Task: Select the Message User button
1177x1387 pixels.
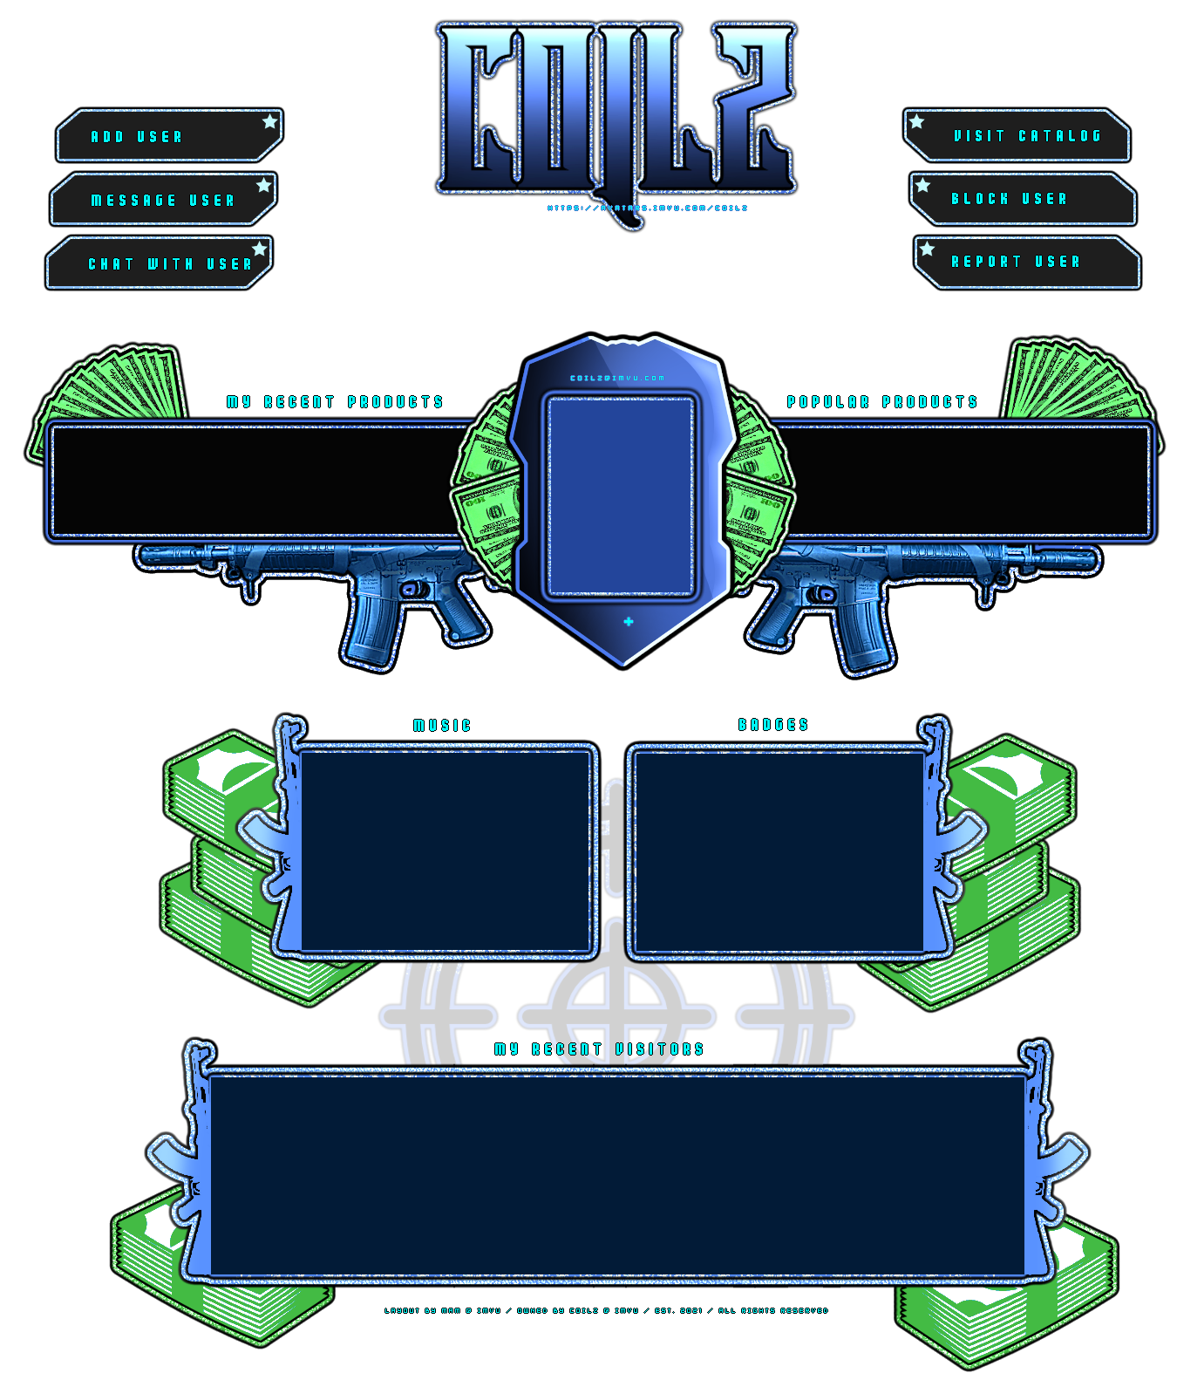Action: (x=163, y=200)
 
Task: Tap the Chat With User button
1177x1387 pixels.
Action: (x=159, y=263)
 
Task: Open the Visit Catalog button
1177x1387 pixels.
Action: (x=1017, y=136)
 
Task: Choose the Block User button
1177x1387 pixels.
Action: (x=1023, y=199)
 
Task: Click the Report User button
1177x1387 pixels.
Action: (x=1027, y=262)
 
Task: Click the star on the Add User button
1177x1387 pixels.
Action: (x=270, y=121)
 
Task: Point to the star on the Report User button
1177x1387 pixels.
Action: (x=928, y=249)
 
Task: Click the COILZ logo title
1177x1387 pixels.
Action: (x=616, y=109)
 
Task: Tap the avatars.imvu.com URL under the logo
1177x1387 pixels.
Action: (x=647, y=208)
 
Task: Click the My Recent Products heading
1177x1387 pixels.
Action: (x=335, y=402)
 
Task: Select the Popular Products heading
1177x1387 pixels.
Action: (x=882, y=402)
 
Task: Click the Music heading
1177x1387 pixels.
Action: (x=442, y=726)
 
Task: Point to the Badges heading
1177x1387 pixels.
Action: (x=773, y=725)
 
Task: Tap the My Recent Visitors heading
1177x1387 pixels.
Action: (x=599, y=1049)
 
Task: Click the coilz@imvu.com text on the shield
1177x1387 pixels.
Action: (x=617, y=379)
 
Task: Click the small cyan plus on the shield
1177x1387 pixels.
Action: (x=629, y=621)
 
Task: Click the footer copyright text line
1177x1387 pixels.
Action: (x=607, y=1310)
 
